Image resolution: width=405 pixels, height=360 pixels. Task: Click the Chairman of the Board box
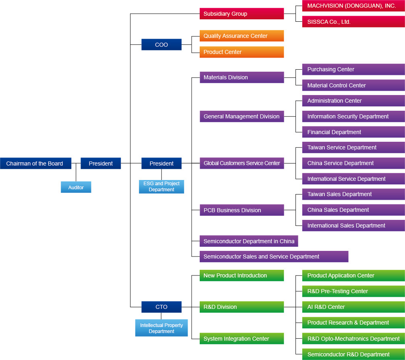(x=36, y=163)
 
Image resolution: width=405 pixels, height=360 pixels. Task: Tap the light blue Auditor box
(x=76, y=187)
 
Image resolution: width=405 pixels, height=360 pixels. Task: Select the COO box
(x=161, y=45)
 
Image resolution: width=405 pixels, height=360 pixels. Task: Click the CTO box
(x=161, y=307)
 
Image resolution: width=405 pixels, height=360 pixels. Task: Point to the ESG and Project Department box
(x=161, y=186)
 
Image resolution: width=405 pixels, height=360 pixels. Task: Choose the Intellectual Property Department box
(x=161, y=328)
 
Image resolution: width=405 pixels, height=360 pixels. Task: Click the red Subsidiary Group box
(x=242, y=14)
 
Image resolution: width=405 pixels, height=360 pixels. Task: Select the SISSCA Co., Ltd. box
(x=353, y=22)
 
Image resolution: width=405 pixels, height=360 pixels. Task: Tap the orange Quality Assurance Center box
(x=242, y=36)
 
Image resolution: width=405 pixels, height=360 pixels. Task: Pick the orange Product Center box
(x=242, y=52)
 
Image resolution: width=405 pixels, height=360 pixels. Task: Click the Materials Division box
(x=242, y=77)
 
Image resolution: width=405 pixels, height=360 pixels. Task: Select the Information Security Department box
(x=353, y=116)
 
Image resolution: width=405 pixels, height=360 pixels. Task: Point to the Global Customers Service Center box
(x=242, y=163)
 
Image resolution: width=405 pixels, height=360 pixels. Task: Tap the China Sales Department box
(x=353, y=210)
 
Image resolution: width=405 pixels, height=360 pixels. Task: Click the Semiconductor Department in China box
(x=249, y=241)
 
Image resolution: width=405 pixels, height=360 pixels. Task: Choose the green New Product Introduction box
(x=242, y=275)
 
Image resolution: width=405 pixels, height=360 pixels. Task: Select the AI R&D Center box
(x=353, y=307)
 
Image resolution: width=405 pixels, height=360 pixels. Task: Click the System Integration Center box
(x=242, y=339)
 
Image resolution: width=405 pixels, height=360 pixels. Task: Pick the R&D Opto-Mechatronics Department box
(x=353, y=339)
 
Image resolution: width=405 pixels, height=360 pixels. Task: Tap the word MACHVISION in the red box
(x=323, y=6)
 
